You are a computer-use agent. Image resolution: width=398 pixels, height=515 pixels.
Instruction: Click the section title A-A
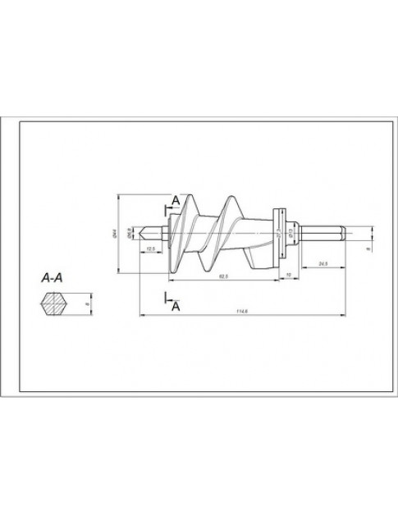[55, 277]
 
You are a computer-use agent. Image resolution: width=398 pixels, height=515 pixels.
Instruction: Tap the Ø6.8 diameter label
[131, 235]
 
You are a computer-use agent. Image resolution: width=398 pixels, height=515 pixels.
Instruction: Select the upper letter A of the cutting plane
[175, 199]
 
